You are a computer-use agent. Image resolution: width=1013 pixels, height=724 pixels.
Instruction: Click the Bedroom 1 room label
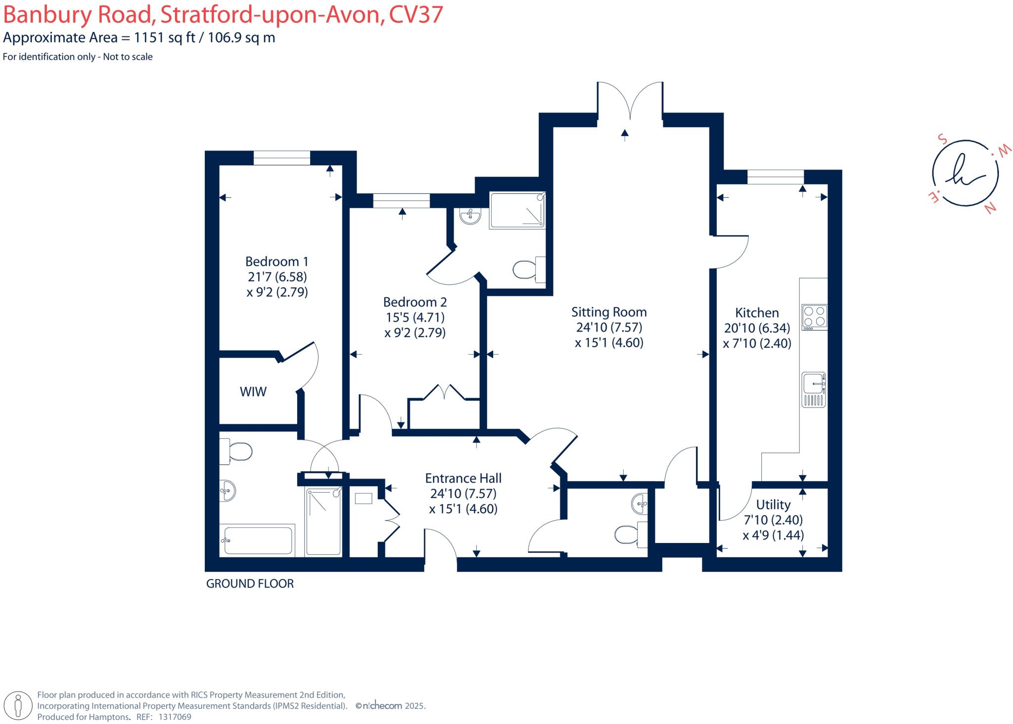point(276,262)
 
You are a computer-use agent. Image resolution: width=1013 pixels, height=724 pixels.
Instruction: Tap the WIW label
point(253,392)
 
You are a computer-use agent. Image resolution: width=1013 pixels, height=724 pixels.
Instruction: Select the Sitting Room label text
point(609,312)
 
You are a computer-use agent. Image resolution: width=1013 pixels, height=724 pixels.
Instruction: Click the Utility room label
point(773,504)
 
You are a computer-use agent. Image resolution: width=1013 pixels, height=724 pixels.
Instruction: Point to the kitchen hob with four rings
point(814,317)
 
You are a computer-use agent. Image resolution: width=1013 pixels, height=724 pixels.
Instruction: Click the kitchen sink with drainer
point(814,389)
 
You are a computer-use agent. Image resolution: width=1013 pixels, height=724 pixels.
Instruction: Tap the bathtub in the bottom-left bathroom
point(257,540)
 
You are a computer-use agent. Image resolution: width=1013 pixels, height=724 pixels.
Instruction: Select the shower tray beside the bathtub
point(323,521)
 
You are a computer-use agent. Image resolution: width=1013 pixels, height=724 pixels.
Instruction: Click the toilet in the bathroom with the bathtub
point(237,451)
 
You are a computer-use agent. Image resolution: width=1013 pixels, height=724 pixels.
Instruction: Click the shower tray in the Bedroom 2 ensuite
point(517,211)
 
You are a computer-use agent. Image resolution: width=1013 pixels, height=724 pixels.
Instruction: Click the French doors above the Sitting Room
point(630,101)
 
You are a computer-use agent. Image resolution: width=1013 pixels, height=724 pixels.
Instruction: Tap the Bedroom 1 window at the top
point(282,158)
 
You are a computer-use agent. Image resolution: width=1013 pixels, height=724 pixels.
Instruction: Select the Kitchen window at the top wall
point(775,177)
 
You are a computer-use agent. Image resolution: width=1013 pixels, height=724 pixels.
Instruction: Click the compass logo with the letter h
point(965,176)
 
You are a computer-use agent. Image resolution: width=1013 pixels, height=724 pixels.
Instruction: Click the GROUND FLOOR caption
point(250,584)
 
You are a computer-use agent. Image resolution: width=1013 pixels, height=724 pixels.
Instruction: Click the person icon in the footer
point(18,705)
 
